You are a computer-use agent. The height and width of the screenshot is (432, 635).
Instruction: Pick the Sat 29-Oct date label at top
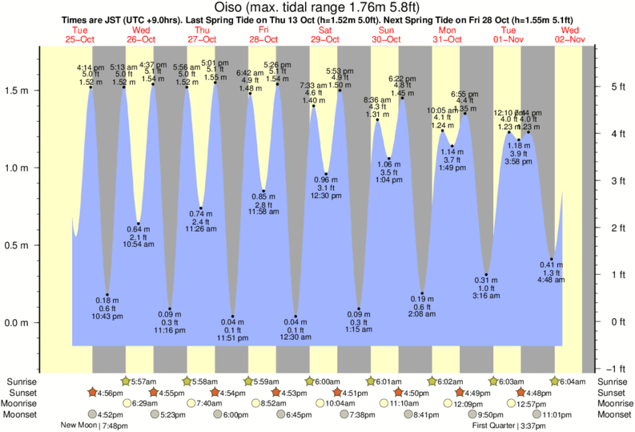pos(324,34)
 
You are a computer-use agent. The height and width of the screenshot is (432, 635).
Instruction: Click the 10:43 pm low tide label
pos(107,317)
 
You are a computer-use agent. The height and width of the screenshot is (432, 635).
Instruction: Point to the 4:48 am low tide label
pos(551,281)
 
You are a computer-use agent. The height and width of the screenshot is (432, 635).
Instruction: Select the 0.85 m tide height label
pos(263,196)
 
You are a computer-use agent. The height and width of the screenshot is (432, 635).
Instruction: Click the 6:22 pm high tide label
pos(402,79)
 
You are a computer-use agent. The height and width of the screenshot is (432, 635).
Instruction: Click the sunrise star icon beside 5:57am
pos(125,382)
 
